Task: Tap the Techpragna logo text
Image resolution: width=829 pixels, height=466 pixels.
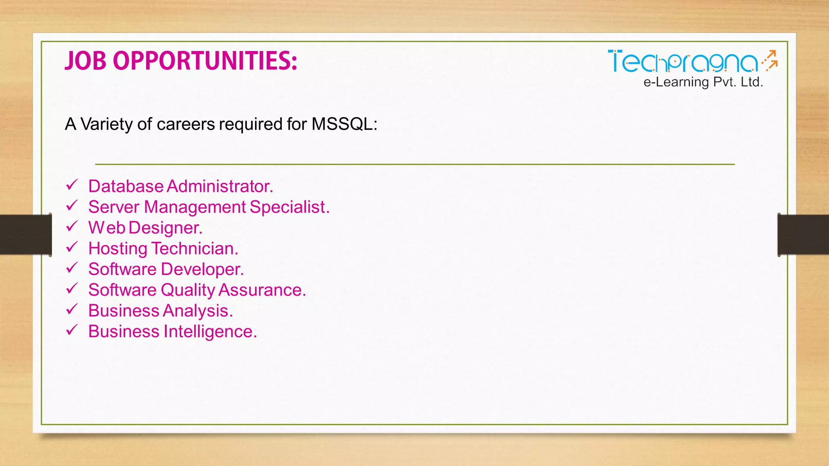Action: pyautogui.click(x=682, y=62)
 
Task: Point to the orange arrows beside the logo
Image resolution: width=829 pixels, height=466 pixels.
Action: pyautogui.click(x=770, y=61)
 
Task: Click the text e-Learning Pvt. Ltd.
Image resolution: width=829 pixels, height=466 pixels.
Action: pyautogui.click(x=703, y=82)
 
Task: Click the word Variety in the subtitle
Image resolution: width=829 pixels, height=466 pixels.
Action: pyautogui.click(x=106, y=124)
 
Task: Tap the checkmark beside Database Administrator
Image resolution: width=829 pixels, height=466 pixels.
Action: pyautogui.click(x=72, y=185)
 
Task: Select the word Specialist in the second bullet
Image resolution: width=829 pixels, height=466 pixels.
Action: pyautogui.click(x=289, y=207)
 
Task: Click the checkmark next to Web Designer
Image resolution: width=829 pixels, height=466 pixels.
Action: pyautogui.click(x=72, y=227)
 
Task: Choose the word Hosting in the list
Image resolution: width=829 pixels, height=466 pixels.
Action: pyautogui.click(x=117, y=249)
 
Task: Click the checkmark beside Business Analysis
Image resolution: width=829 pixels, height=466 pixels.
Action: pyautogui.click(x=72, y=309)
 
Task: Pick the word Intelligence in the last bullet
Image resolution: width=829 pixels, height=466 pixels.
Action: pyautogui.click(x=210, y=332)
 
